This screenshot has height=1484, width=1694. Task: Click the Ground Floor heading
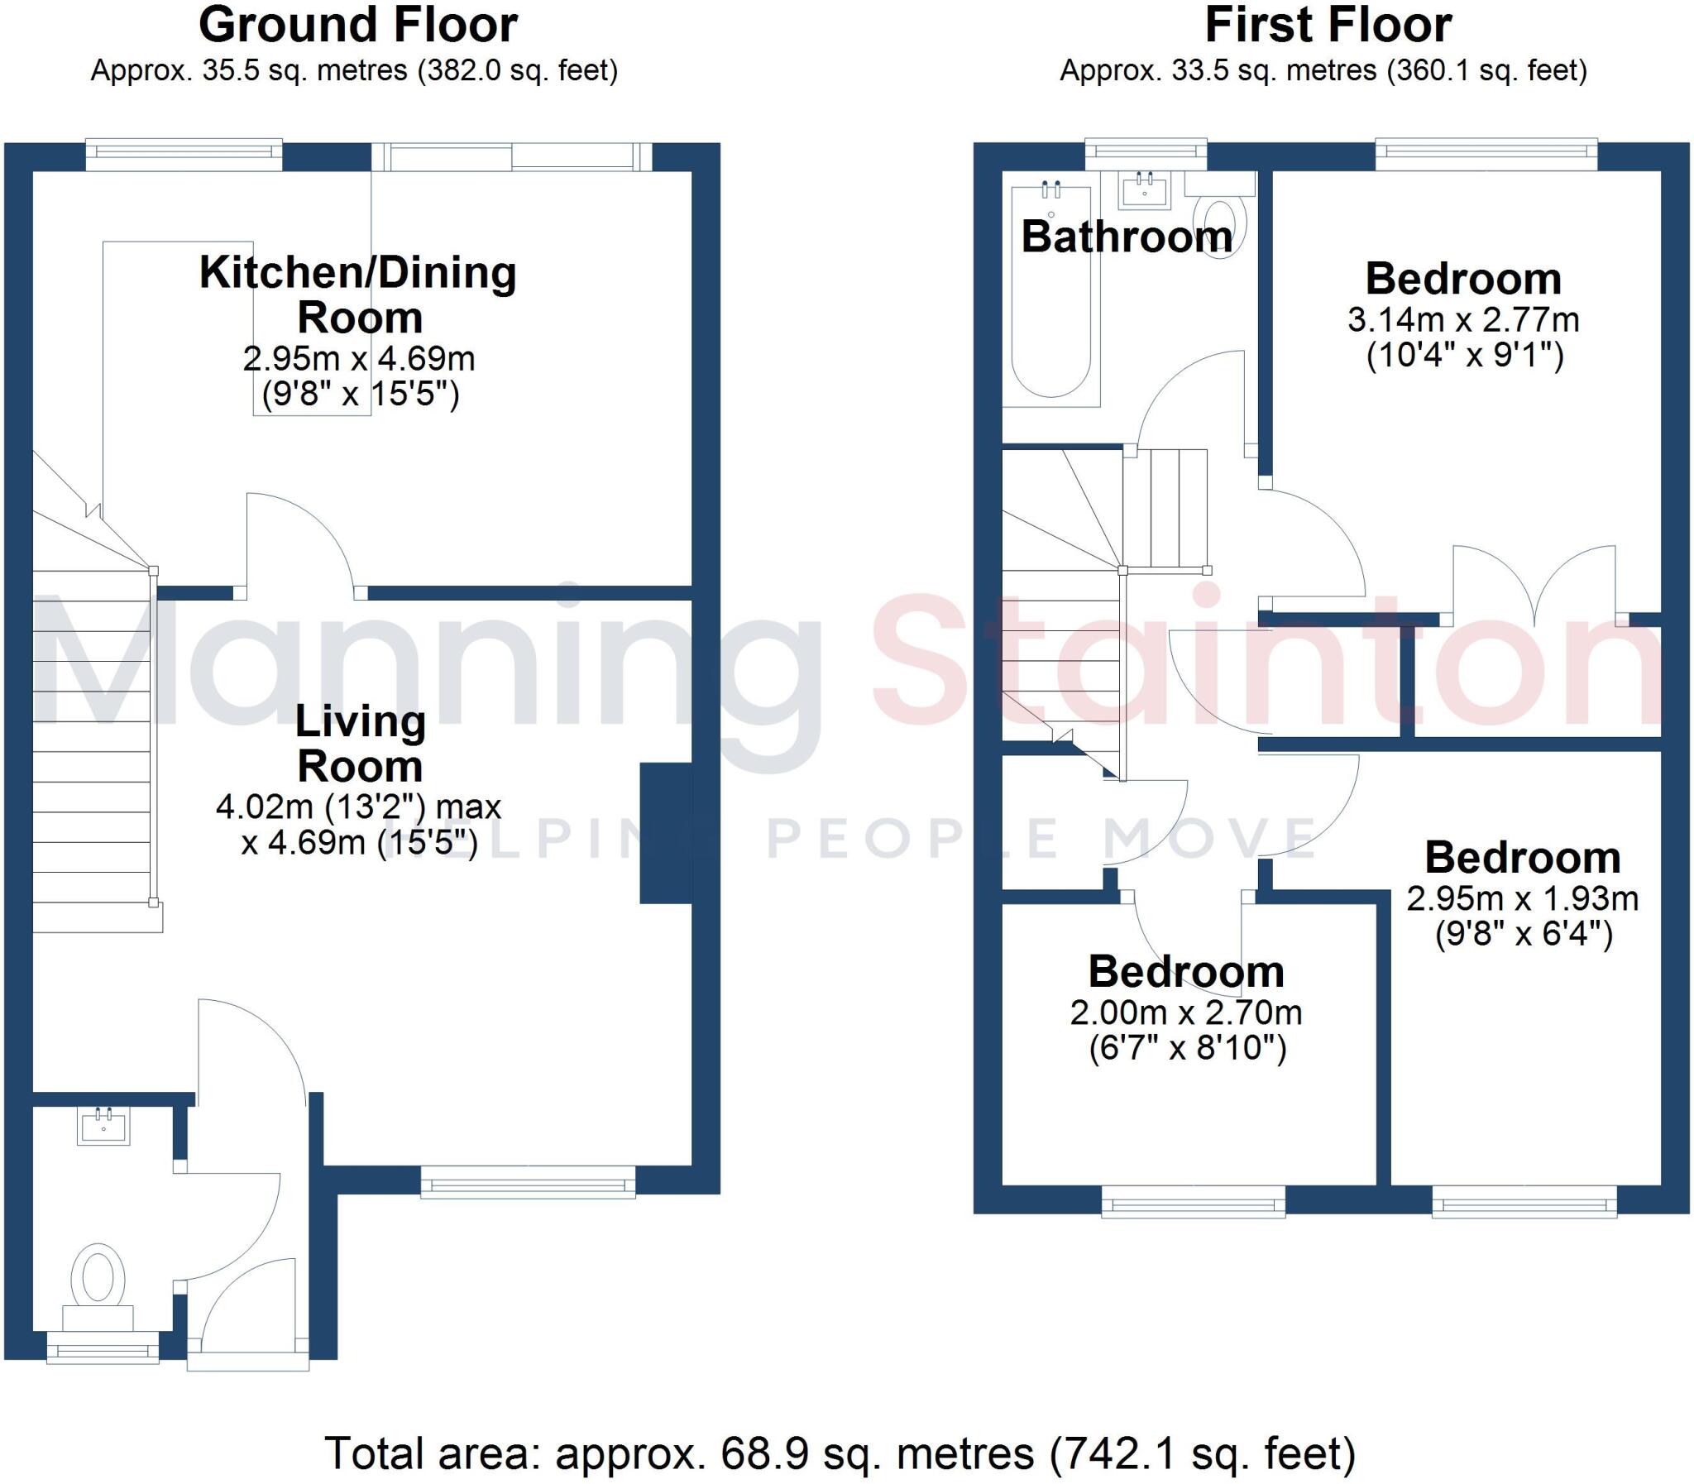click(357, 25)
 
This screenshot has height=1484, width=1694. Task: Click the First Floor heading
click(1328, 25)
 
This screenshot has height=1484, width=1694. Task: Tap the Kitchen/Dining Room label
click(358, 294)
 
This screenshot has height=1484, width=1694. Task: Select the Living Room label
click(360, 744)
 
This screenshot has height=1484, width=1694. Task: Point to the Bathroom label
click(1126, 237)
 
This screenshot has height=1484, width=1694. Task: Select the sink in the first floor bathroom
click(1145, 191)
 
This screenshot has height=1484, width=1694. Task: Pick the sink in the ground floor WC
click(103, 1127)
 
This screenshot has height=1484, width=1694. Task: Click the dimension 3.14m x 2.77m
click(1463, 319)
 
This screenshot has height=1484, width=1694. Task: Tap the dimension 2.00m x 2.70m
click(1185, 1012)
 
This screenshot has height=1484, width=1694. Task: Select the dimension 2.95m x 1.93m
click(1522, 898)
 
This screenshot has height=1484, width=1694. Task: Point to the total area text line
click(840, 1453)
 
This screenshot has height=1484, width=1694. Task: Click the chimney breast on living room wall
click(666, 832)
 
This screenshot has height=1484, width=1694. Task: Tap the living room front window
click(528, 1183)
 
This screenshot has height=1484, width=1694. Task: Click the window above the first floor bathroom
click(1145, 151)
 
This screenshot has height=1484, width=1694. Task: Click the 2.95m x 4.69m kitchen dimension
click(358, 358)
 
